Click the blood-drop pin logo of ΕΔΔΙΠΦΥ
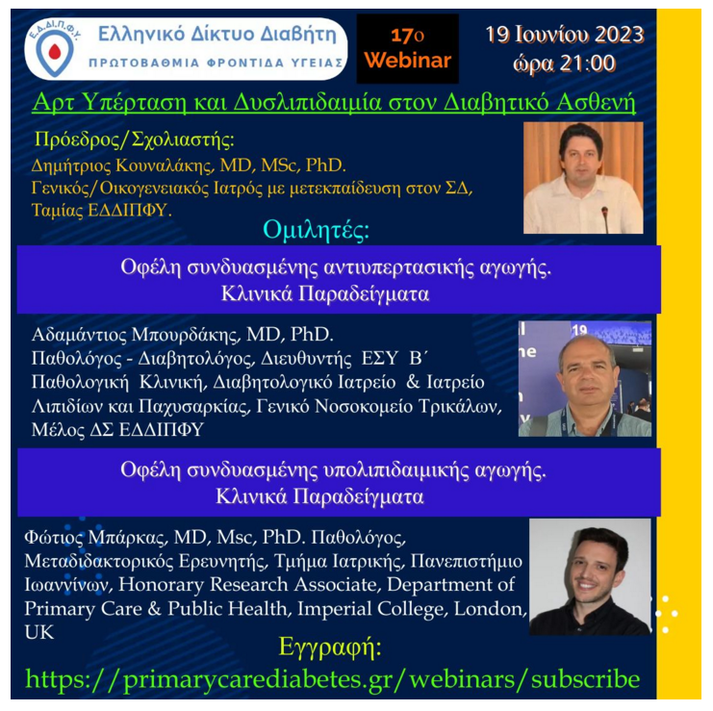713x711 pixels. point(55,53)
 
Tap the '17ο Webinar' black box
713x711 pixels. point(407,49)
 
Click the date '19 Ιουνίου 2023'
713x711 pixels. point(565,35)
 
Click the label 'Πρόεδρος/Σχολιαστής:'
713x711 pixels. point(135,140)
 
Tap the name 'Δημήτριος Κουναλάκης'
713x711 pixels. point(123,165)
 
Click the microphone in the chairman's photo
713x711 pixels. point(605,218)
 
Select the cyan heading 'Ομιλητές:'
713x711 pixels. point(316,231)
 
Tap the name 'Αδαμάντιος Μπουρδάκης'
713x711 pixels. point(136,335)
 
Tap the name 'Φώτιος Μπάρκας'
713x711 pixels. point(95,538)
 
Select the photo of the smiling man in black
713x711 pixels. point(590,576)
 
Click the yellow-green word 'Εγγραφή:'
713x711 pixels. point(330,647)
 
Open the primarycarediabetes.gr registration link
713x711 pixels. point(332,680)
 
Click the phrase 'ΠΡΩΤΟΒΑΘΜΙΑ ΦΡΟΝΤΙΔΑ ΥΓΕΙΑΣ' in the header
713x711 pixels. point(216,63)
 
